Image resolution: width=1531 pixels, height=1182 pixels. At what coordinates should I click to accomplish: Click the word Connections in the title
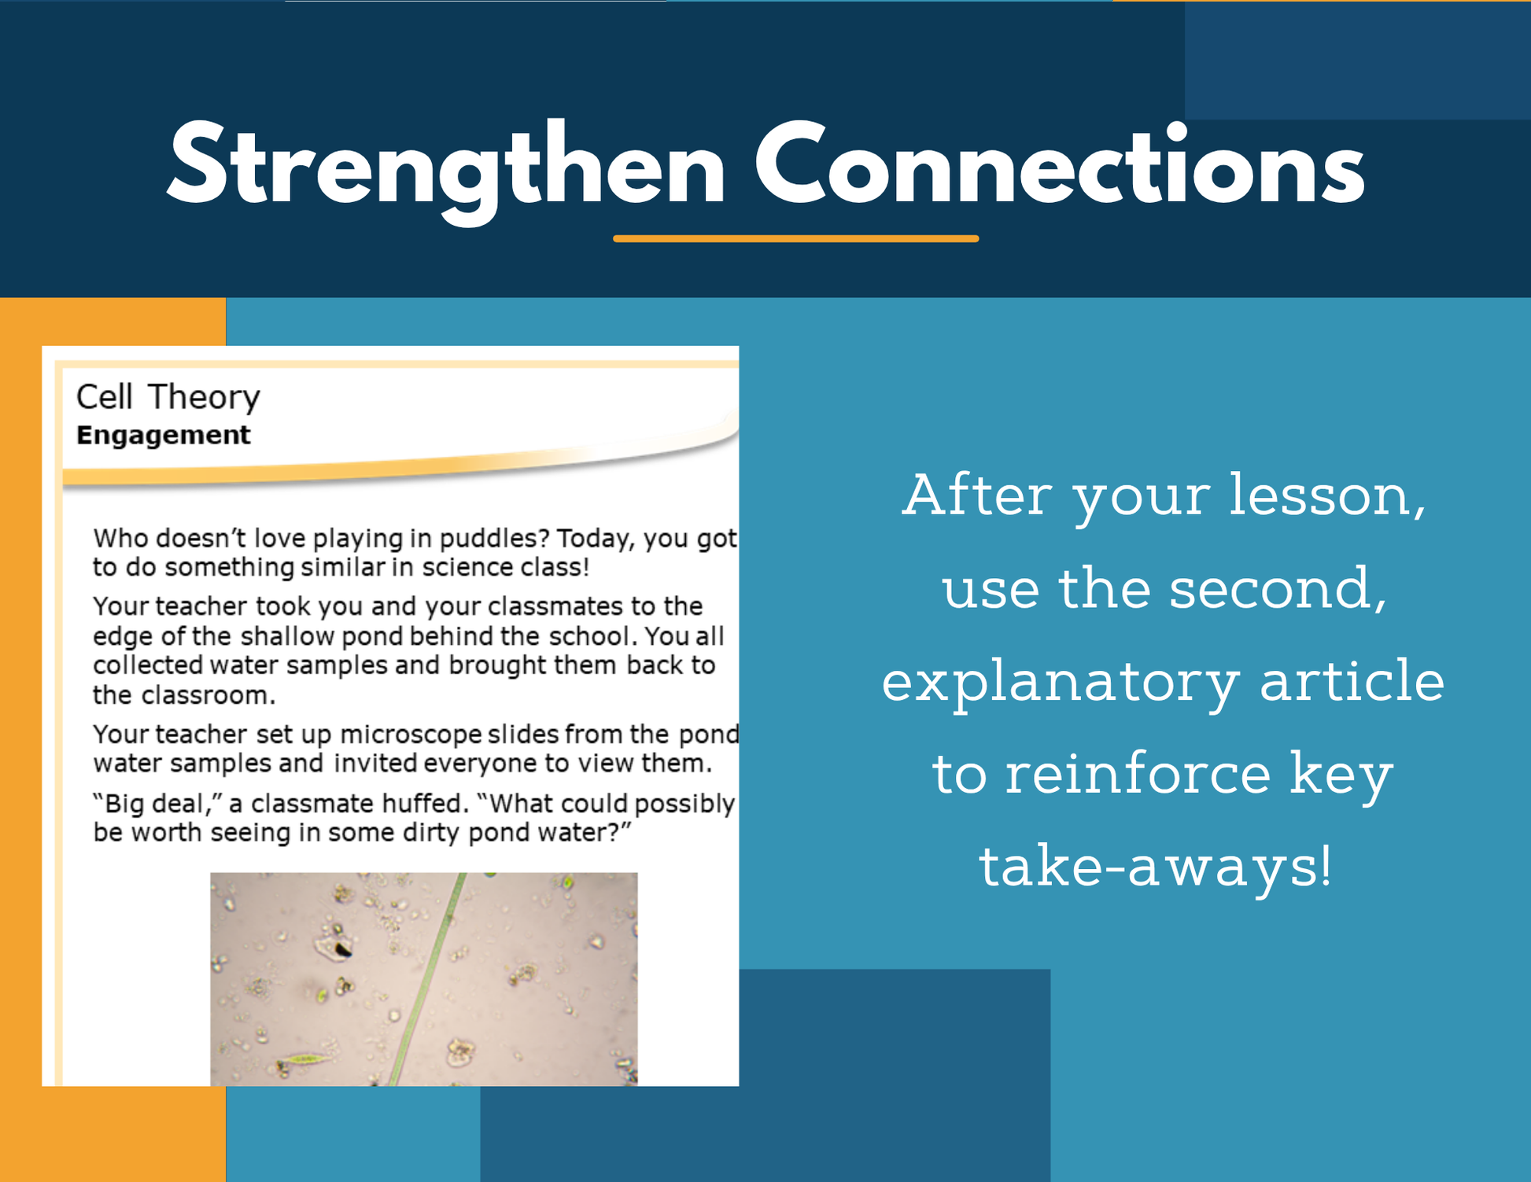[1060, 165]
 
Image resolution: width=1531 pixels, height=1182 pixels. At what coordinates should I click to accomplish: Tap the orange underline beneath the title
[796, 238]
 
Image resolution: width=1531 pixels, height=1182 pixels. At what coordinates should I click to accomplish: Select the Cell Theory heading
[168, 398]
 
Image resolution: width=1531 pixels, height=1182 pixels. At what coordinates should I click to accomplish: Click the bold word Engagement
[163, 436]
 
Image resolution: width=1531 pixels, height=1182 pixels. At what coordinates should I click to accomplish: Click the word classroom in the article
[208, 695]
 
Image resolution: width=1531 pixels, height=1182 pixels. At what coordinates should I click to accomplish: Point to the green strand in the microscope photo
[426, 979]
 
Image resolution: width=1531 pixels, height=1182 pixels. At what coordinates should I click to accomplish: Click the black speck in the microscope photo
[343, 951]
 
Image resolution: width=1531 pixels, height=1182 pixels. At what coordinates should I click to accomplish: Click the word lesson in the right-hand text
[1328, 495]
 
